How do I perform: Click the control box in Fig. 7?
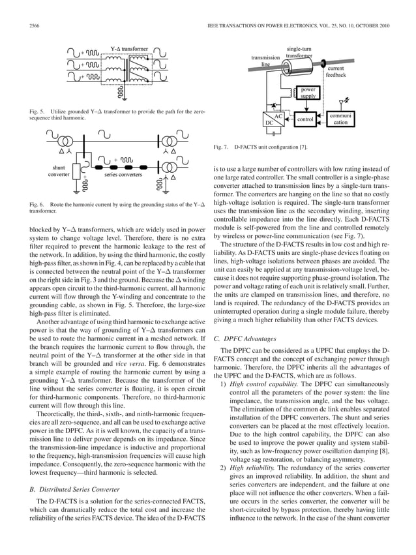pos(305,120)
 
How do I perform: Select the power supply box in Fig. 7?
pos(308,93)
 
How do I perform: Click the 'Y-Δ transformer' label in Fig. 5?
pos(128,48)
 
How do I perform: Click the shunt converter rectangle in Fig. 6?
pos(77,172)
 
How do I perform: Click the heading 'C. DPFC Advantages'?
pos(249,338)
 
